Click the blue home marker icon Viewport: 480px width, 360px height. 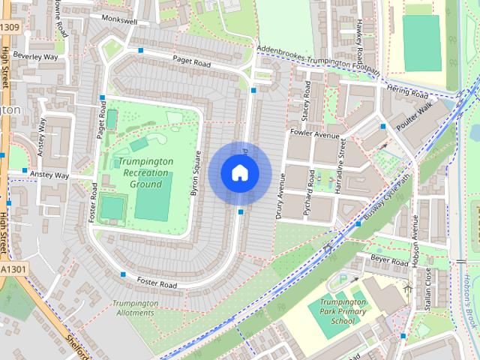(x=239, y=173)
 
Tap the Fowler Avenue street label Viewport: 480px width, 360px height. (x=316, y=136)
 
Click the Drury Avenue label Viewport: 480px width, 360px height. (x=283, y=193)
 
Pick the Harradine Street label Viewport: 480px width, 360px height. (x=340, y=166)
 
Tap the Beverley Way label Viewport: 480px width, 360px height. (x=35, y=56)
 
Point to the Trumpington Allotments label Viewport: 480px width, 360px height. (x=135, y=307)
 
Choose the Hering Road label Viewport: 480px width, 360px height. (x=408, y=94)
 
